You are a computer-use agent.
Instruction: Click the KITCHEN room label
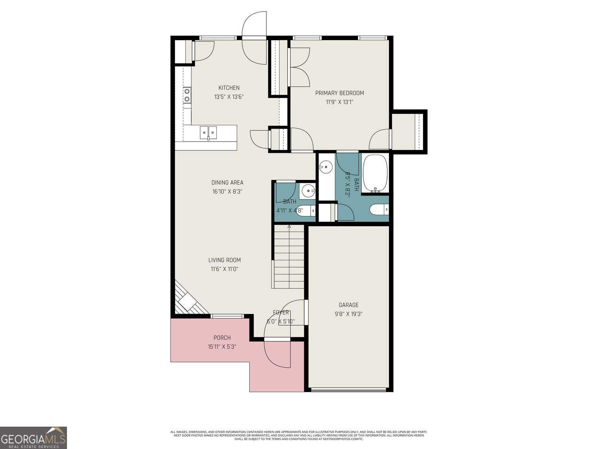coord(229,88)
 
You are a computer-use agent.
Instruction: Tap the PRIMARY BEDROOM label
coord(339,93)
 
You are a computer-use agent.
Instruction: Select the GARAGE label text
coord(348,305)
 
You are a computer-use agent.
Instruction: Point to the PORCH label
coord(222,338)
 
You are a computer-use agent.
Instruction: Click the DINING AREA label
coord(227,183)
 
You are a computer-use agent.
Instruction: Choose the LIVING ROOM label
coord(224,260)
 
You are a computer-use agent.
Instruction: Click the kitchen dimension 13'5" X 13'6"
coord(229,97)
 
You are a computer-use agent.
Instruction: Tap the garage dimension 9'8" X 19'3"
coord(348,314)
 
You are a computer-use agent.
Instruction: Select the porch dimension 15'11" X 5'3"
coord(222,347)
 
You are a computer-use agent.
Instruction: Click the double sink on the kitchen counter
coord(208,132)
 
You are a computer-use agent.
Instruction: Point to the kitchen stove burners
coord(187,95)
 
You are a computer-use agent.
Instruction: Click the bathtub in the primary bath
coord(375,173)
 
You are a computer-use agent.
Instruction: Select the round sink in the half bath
coord(307,191)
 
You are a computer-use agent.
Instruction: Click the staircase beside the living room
coord(289,257)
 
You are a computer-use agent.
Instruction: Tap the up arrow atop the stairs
coord(289,227)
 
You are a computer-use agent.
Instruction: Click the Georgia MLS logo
coord(33,437)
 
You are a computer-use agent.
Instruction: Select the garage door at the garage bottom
coord(349,390)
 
